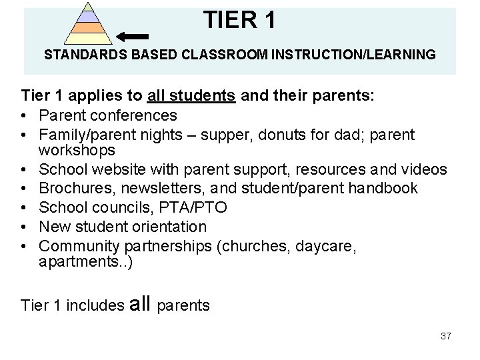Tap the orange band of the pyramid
[88, 28]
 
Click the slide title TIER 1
[239, 20]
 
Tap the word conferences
[136, 116]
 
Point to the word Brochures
[75, 189]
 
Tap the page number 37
[446, 336]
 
